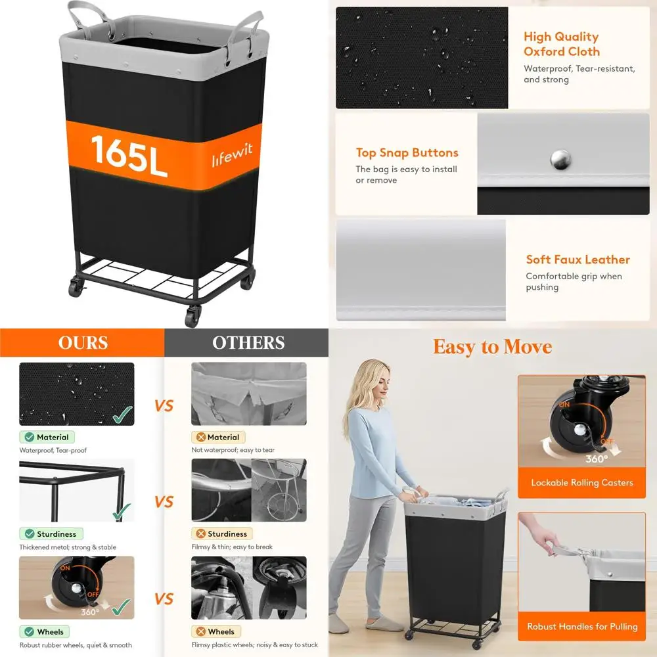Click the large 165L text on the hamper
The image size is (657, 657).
click(129, 156)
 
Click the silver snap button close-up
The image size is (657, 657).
click(560, 159)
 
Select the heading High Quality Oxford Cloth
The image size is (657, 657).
click(562, 44)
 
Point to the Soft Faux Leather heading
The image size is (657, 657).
click(578, 260)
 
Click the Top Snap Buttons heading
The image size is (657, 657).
click(407, 152)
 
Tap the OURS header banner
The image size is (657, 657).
click(82, 342)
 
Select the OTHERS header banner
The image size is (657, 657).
click(248, 342)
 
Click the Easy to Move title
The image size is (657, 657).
click(492, 347)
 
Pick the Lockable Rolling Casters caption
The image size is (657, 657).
click(582, 483)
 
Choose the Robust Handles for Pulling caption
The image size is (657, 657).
click(582, 626)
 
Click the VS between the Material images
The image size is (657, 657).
click(164, 405)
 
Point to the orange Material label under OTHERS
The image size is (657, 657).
click(218, 437)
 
